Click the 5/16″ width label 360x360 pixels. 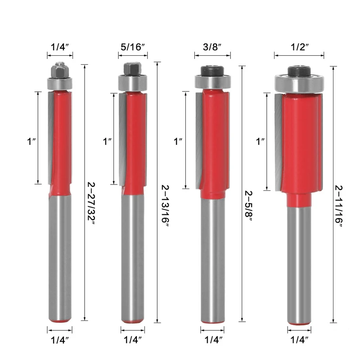coord(133,47)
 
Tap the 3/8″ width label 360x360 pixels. coord(212,47)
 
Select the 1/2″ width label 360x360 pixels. coord(300,47)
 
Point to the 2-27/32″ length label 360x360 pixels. coord(91,204)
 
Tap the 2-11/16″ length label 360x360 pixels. coord(339,206)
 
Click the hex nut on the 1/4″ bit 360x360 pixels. coord(60,70)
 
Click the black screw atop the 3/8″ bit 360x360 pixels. coord(212,71)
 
